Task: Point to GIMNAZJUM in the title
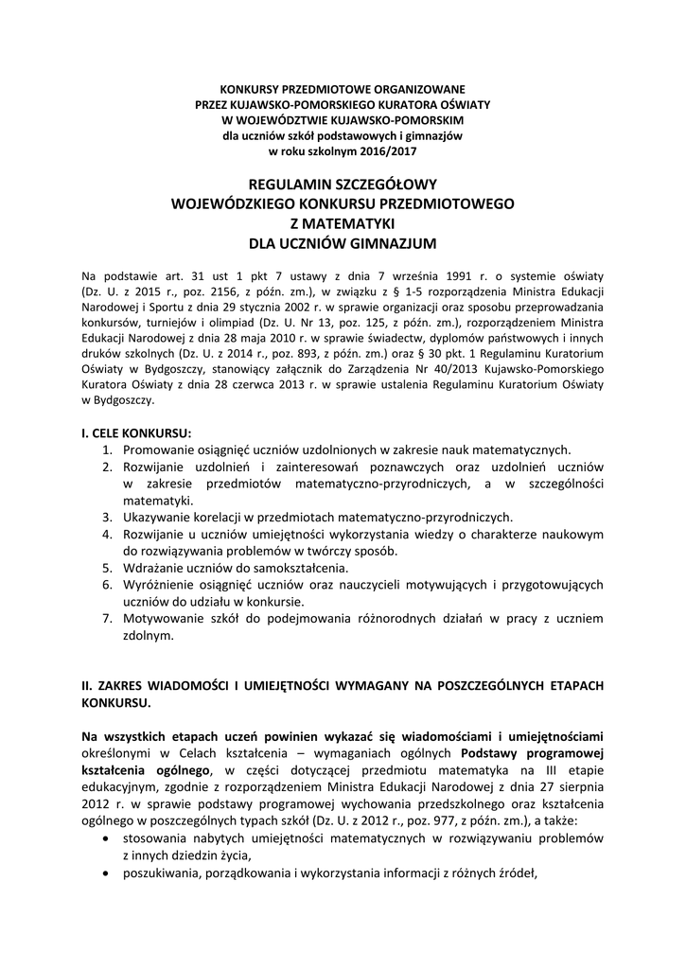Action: [x=393, y=243]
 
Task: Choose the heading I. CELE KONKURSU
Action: [x=137, y=432]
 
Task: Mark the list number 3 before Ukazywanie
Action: [x=108, y=517]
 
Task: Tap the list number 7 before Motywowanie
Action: [x=108, y=619]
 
